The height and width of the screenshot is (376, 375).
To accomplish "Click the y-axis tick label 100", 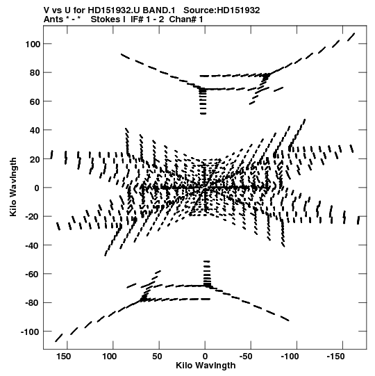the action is (33, 44).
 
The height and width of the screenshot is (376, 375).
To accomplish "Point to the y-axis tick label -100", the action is (31, 332).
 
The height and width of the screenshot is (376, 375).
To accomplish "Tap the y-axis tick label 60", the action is (35, 101).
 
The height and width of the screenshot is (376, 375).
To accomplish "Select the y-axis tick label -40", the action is (33, 245).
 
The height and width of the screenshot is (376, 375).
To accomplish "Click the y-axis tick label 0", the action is (37, 188).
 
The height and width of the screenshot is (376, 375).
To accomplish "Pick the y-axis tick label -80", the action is (33, 303).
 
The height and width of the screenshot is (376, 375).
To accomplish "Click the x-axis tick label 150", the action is (64, 357).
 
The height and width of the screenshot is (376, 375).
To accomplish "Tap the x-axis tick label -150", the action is (336, 357).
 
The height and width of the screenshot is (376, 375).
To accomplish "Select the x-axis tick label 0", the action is (205, 357).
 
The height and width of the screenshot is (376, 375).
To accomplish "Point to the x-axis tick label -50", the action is (246, 357).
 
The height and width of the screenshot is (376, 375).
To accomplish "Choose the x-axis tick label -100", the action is (290, 357).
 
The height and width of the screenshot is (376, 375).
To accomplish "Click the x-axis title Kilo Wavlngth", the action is (206, 366).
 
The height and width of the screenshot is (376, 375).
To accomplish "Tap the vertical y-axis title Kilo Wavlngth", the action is (13, 187).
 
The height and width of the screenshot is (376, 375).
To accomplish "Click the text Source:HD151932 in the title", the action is (222, 10).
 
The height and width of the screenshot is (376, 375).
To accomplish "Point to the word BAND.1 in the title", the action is (159, 10).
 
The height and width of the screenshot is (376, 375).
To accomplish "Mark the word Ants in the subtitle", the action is (53, 19).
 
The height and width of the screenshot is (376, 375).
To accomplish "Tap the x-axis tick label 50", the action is (157, 357).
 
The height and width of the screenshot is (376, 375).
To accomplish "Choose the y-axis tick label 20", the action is (35, 159).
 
